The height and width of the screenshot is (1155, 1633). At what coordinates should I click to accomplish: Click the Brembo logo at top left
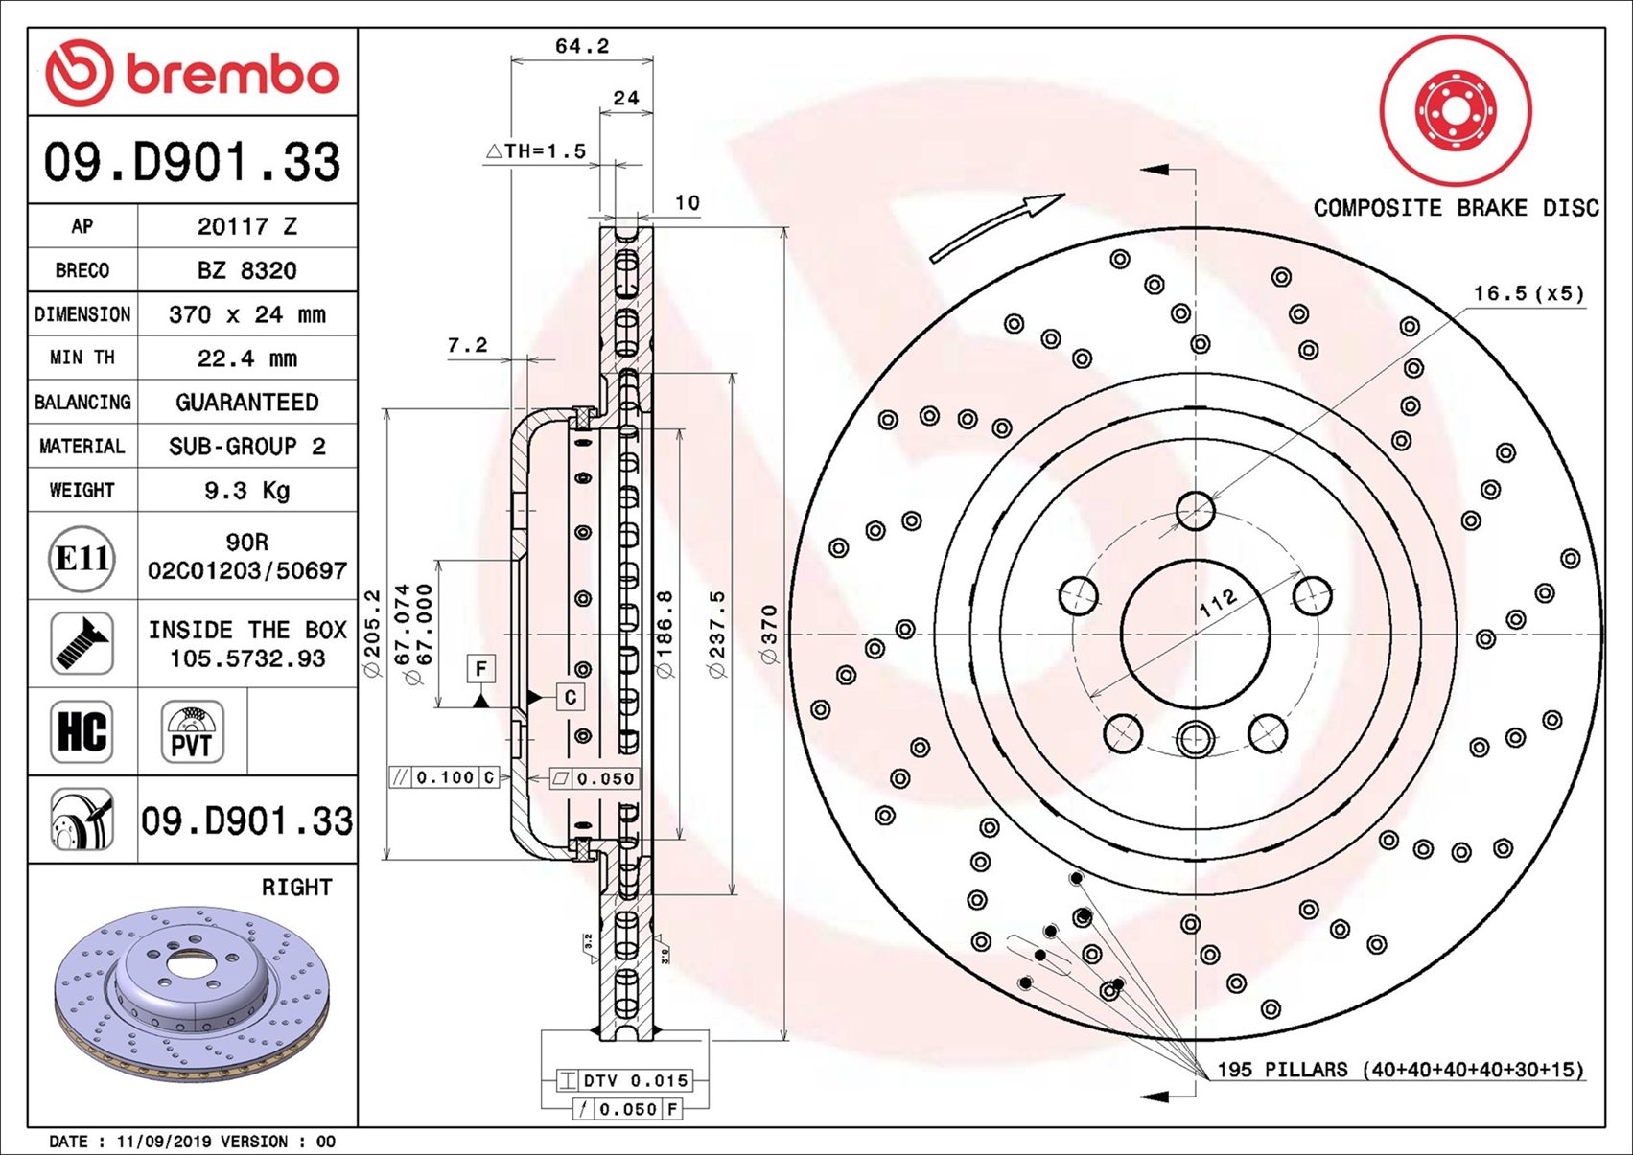click(x=192, y=74)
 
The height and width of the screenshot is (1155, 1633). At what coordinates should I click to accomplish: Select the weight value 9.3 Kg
click(x=246, y=491)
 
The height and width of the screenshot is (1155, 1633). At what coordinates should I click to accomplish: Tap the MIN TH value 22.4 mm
click(x=246, y=358)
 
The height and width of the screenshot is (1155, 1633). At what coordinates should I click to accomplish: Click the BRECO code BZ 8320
click(x=246, y=270)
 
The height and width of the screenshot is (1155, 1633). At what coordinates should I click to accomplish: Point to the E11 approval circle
click(x=82, y=558)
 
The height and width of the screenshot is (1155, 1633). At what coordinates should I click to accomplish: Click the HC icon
click(x=82, y=731)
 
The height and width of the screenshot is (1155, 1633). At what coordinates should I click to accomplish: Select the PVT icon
click(x=192, y=731)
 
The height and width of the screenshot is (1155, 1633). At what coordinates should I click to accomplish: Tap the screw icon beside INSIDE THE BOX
click(x=82, y=643)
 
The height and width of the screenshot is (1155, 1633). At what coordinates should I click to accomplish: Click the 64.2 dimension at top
click(x=581, y=46)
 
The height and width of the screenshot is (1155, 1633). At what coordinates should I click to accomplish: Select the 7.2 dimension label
click(x=467, y=345)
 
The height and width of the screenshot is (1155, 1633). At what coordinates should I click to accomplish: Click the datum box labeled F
click(x=481, y=668)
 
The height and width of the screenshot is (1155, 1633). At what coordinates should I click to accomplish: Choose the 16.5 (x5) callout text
click(x=1528, y=293)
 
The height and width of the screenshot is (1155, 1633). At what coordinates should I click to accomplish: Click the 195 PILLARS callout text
click(x=1399, y=1069)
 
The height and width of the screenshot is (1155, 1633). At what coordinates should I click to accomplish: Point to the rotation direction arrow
click(x=997, y=227)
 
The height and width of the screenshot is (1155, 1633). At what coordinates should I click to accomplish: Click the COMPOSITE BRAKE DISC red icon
click(x=1455, y=110)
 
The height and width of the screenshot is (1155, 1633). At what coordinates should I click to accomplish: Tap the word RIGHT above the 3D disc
click(x=296, y=888)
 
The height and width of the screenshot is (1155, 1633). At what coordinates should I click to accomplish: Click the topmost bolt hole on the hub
click(x=1195, y=511)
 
